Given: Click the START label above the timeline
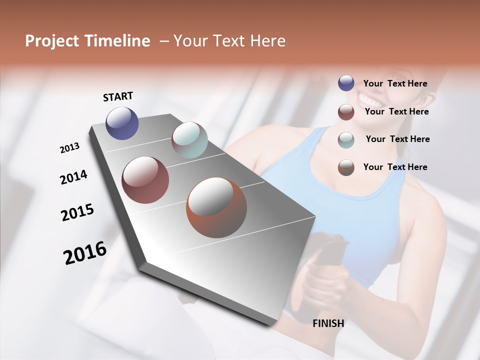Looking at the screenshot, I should point(118,96).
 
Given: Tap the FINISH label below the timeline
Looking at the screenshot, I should point(328,323).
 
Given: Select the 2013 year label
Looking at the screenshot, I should point(69,148).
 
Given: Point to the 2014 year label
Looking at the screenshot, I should point(73,177).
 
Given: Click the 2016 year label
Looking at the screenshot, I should point(85,253).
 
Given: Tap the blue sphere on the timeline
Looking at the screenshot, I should point(122,123).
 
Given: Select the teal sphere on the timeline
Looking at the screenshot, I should point(189,140).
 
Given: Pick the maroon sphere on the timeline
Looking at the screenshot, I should point(145,180).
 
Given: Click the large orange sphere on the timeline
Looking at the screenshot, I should point(216,207).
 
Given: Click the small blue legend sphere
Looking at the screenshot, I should point(346,83).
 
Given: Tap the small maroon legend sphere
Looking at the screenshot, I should point(346,112).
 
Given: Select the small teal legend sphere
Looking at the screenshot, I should point(346,139).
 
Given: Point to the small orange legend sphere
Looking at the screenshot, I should point(346,167).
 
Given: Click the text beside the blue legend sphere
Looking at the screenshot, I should point(395,84).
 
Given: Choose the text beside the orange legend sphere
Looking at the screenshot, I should point(395,167).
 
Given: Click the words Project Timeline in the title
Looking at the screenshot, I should point(87,41).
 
